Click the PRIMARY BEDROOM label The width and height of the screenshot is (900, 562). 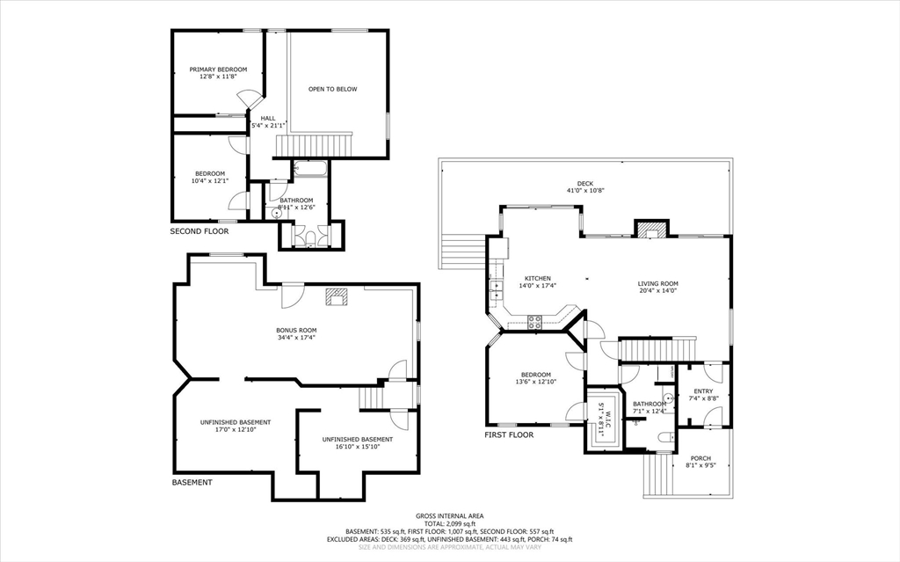pyautogui.click(x=218, y=69)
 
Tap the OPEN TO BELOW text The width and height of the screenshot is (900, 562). pyautogui.click(x=332, y=89)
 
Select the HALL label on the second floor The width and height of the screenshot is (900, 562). pyautogui.click(x=267, y=118)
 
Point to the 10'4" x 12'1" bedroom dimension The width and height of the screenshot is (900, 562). pyautogui.click(x=210, y=181)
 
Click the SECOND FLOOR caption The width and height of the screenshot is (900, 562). pyautogui.click(x=199, y=231)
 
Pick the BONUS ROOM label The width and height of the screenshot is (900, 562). pyautogui.click(x=295, y=330)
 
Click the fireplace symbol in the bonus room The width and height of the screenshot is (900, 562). pyautogui.click(x=336, y=296)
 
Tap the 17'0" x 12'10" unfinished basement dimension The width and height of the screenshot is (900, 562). pyautogui.click(x=222, y=430)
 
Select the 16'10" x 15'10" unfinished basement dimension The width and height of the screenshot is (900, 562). pyautogui.click(x=357, y=447)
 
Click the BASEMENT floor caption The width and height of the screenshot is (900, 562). pyautogui.click(x=192, y=482)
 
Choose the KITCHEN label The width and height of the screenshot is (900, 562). pyautogui.click(x=538, y=278)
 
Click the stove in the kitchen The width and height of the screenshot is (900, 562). pyautogui.click(x=533, y=322)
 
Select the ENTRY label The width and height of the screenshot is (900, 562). pyautogui.click(x=703, y=391)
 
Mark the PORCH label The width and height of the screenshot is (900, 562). pyautogui.click(x=700, y=458)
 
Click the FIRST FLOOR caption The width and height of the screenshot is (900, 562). pyautogui.click(x=509, y=434)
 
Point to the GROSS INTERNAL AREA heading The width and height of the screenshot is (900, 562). pyautogui.click(x=449, y=516)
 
